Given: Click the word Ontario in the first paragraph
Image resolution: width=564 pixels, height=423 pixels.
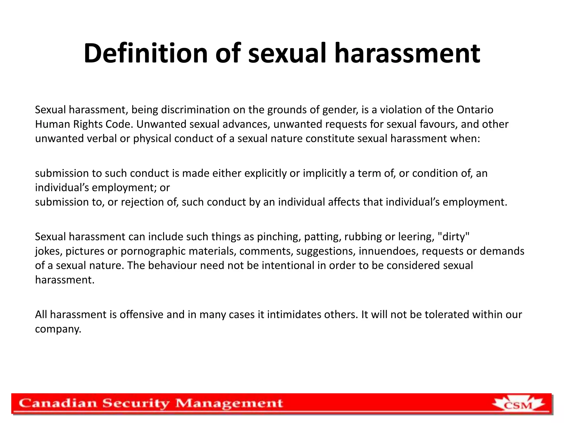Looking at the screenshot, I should coord(475,110).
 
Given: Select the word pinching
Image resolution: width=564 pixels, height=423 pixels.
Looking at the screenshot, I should coord(278,237).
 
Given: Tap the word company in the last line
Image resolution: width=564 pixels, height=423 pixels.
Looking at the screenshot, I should coord(58,329).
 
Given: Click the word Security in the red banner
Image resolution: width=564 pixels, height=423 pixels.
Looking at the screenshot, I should coord(136,404).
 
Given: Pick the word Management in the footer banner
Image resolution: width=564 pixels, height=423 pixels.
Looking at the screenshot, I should coord(229,404).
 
